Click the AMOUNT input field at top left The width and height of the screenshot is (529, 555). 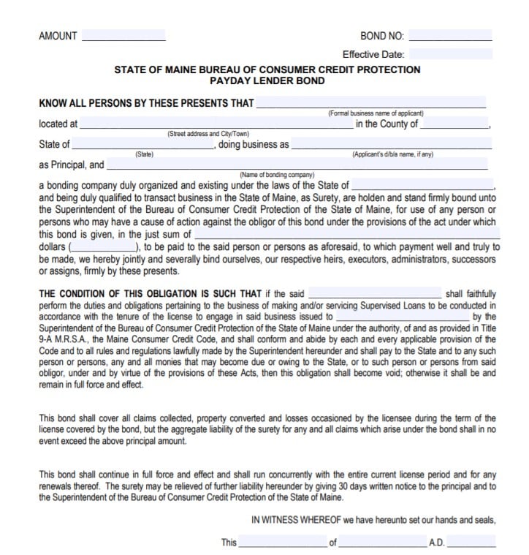click(123, 35)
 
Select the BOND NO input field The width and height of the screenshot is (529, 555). click(451, 35)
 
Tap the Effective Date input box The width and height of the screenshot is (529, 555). click(451, 53)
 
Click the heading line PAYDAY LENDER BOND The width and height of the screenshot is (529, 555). click(267, 80)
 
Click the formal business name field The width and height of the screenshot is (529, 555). click(370, 102)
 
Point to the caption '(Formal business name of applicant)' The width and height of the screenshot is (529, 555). click(376, 113)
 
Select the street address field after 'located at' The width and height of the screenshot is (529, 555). click(215, 124)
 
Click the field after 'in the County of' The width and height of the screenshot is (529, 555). click(455, 124)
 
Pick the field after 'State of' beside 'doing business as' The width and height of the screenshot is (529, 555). click(143, 144)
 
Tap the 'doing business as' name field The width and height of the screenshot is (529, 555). click(392, 144)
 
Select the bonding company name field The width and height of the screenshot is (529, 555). click(297, 165)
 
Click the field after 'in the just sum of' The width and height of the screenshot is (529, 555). click(348, 235)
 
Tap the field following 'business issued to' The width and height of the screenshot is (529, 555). click(402, 317)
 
